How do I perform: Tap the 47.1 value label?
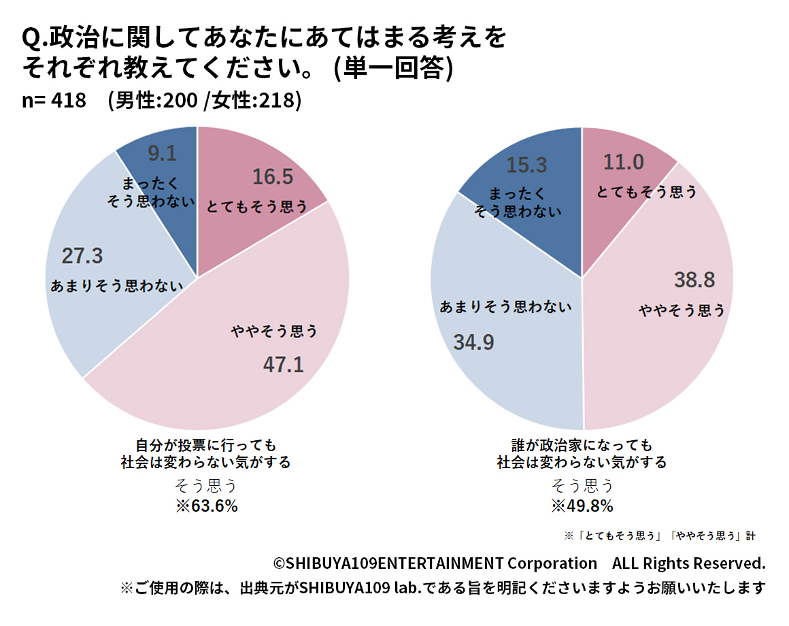tap(283, 365)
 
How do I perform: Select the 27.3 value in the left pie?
tap(82, 257)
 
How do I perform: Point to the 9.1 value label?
tap(162, 154)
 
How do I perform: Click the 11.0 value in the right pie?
tap(623, 163)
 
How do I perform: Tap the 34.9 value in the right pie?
tap(473, 342)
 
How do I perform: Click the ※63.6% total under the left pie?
tap(206, 506)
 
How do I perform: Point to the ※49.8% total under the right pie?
tap(582, 506)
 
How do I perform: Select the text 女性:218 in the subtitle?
tap(254, 100)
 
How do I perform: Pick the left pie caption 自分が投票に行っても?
tap(206, 445)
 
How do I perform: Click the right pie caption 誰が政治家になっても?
tap(582, 445)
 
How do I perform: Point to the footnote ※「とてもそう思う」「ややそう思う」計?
tap(660, 536)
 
